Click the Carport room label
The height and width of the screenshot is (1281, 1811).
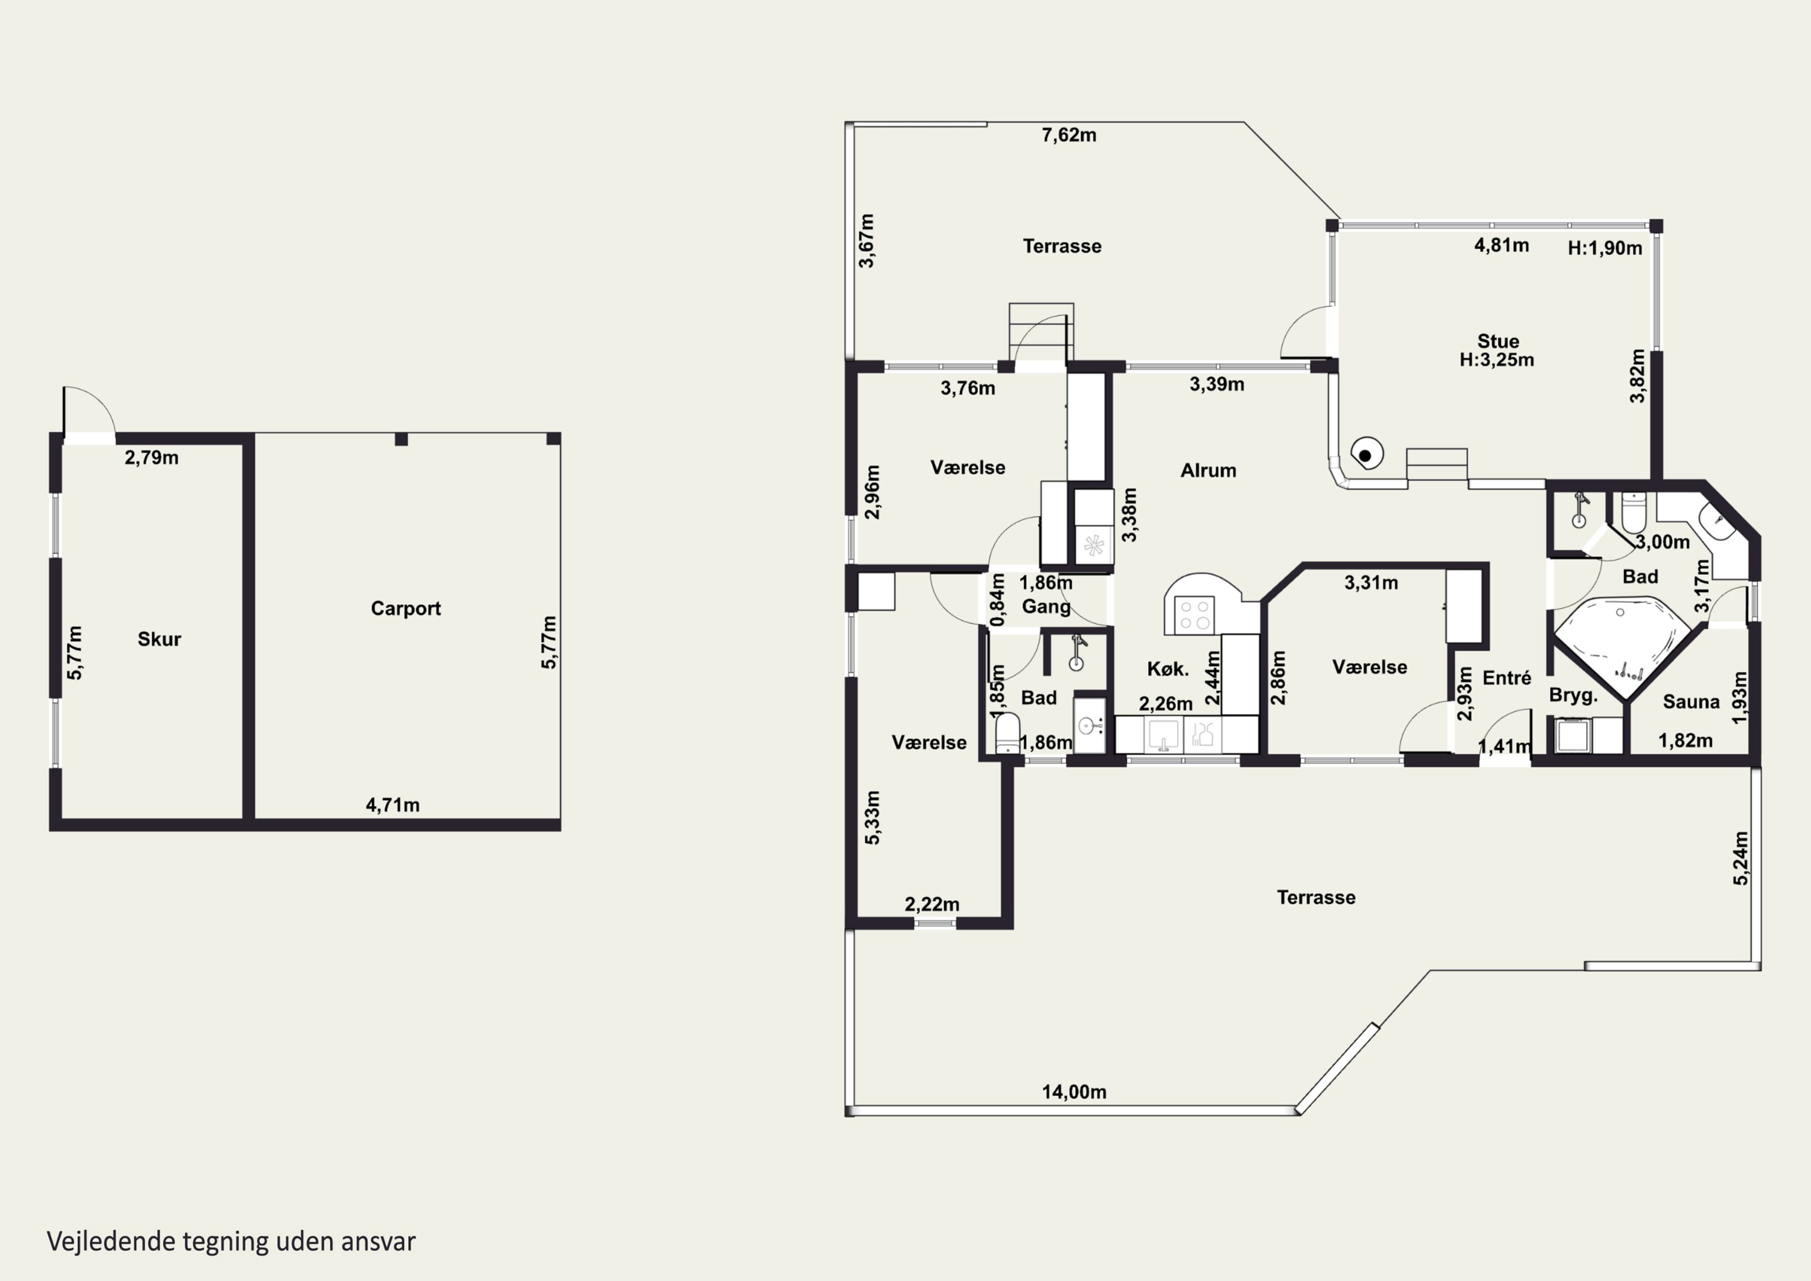click(406, 609)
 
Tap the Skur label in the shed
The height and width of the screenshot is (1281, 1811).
click(159, 640)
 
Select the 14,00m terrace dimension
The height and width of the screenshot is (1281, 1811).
click(1073, 1093)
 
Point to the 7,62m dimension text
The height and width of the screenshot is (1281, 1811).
click(1068, 135)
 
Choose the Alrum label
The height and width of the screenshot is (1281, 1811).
click(1207, 470)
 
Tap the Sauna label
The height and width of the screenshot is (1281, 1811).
click(1691, 702)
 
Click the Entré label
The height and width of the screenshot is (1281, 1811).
click(1507, 678)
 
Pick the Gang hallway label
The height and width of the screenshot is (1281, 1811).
click(1046, 607)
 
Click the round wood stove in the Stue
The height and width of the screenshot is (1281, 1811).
click(1366, 454)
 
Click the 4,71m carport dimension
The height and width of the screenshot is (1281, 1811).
click(392, 805)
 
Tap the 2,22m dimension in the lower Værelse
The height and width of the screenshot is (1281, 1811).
click(931, 905)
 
